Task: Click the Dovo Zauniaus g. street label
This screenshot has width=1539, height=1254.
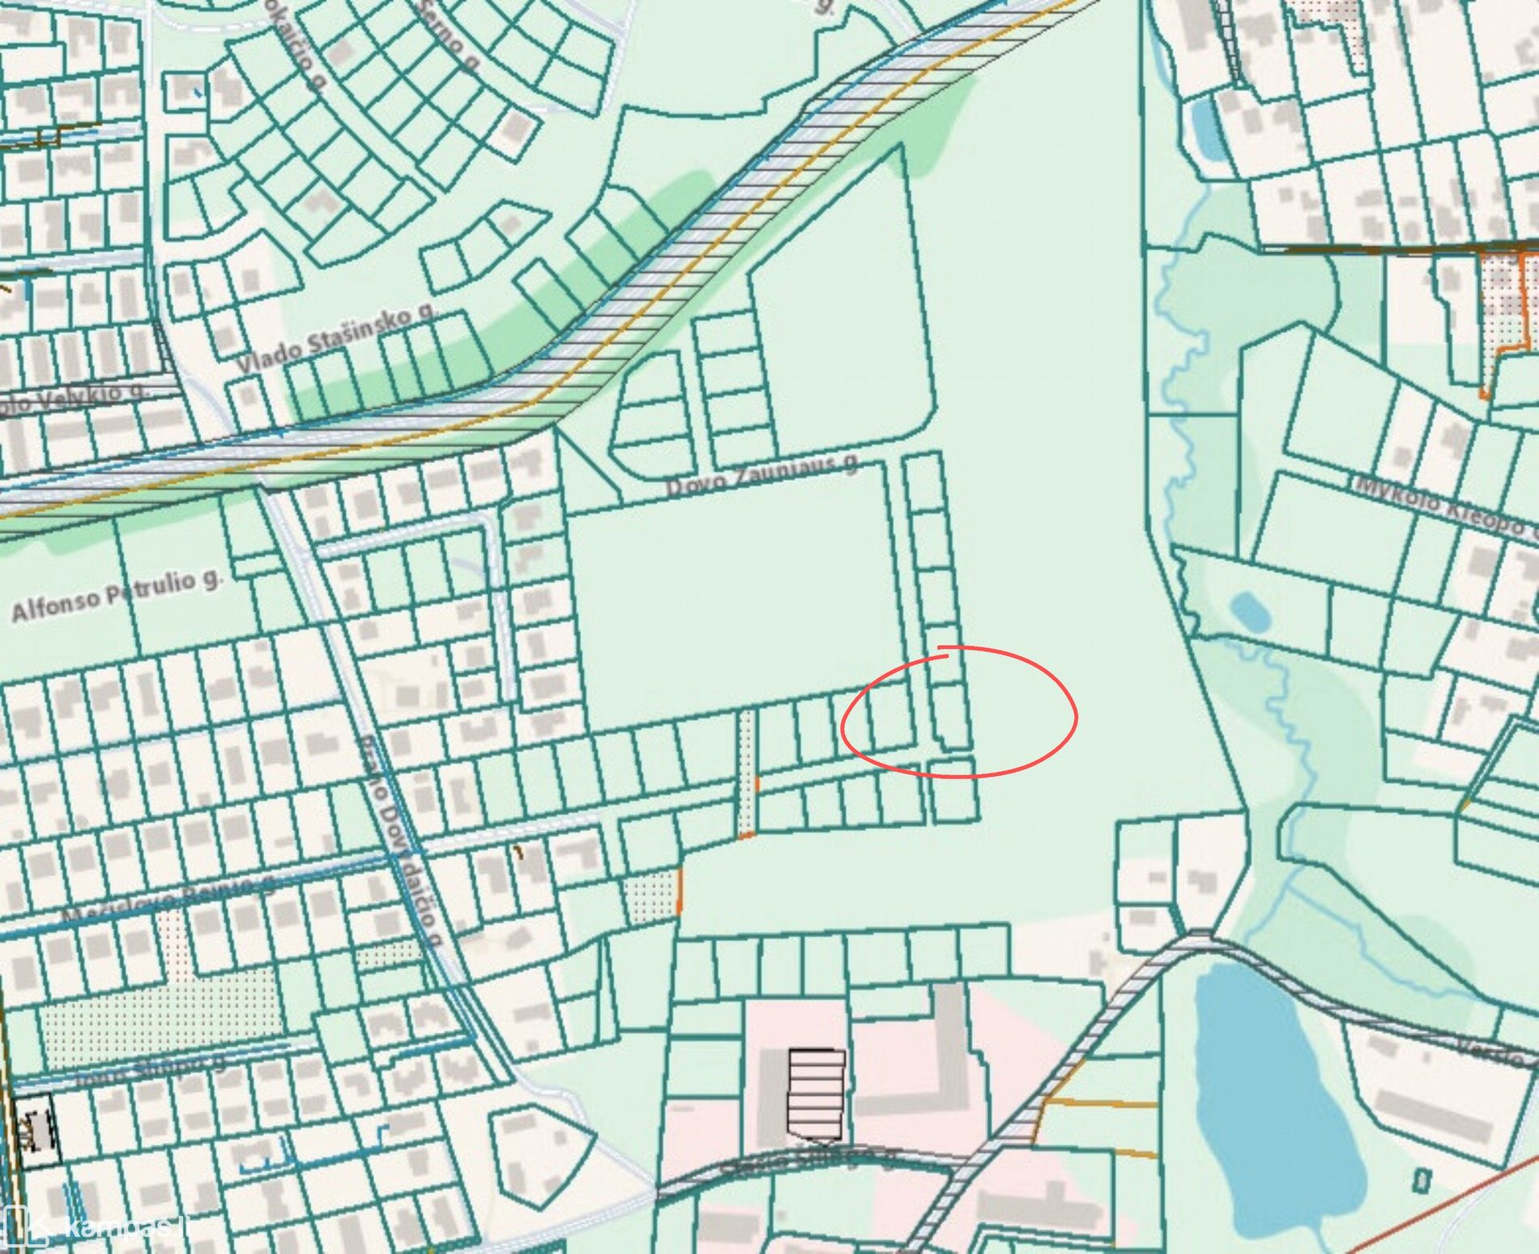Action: click(x=761, y=478)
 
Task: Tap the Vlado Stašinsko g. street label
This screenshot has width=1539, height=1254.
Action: click(x=336, y=340)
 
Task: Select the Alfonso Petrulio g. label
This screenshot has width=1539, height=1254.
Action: click(x=116, y=595)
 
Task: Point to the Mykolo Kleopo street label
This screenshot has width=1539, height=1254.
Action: click(x=1446, y=506)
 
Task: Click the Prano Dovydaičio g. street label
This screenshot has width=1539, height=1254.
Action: click(x=401, y=842)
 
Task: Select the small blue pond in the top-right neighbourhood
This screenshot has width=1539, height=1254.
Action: click(x=1207, y=130)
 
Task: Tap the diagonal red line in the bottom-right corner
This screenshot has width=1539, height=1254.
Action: click(x=1442, y=1207)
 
